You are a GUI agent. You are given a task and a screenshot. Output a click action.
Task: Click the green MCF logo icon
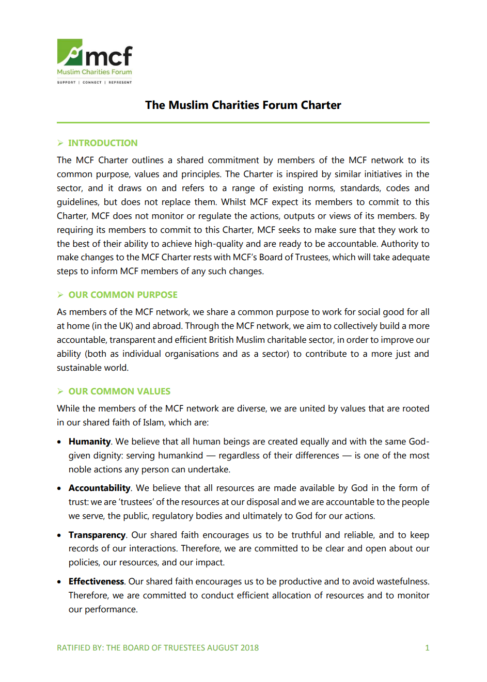click(70, 52)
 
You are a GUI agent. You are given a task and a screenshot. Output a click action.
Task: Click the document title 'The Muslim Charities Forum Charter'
click(243, 105)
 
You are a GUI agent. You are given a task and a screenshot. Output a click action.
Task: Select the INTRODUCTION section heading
click(103, 143)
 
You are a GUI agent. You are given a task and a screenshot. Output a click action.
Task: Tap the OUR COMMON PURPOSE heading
click(123, 295)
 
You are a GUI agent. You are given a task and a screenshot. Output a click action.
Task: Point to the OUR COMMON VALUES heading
click(119, 391)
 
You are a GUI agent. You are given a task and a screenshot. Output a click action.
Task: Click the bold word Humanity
click(89, 441)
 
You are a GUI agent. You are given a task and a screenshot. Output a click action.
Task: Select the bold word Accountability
click(99, 488)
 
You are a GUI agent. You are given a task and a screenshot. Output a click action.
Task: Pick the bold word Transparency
click(97, 535)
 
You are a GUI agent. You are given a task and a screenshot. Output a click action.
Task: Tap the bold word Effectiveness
click(96, 581)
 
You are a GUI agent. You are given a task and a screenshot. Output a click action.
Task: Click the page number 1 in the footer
click(427, 647)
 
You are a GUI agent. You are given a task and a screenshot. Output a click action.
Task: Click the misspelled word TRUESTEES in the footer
click(182, 647)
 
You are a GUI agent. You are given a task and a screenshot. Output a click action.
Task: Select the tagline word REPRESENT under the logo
click(120, 83)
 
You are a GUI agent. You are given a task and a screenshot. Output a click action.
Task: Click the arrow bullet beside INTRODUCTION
click(60, 143)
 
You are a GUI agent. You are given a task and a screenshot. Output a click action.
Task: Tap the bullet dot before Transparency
click(59, 535)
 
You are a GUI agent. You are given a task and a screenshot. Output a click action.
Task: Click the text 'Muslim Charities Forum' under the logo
click(94, 72)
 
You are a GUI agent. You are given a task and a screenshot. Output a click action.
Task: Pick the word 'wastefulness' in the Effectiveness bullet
click(403, 581)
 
